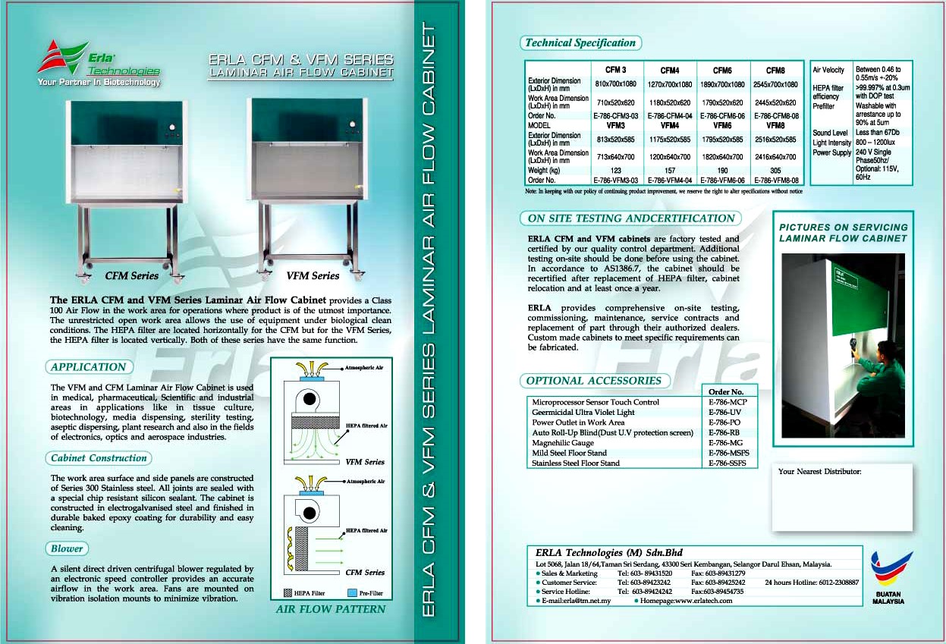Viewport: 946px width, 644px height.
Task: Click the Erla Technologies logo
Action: click(99, 62)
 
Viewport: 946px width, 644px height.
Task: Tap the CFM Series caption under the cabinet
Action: click(132, 276)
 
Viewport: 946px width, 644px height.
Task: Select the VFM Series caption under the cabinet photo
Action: click(313, 276)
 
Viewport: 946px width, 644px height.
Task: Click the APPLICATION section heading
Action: click(89, 367)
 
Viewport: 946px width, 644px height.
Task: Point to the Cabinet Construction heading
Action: click(99, 458)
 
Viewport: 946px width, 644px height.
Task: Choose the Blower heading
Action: click(68, 548)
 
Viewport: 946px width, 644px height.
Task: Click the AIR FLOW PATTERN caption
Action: click(330, 609)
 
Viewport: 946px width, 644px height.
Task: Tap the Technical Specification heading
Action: click(580, 43)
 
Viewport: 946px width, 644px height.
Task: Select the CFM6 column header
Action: click(722, 71)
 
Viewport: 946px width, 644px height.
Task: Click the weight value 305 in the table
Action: click(775, 171)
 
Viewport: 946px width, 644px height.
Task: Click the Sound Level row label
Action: click(830, 133)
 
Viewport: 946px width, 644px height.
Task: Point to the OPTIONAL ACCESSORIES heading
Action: click(594, 381)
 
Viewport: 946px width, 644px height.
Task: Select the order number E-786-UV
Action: click(725, 413)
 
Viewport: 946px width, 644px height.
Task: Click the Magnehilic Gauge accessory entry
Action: click(563, 443)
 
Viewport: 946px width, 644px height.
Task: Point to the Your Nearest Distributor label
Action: click(819, 472)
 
